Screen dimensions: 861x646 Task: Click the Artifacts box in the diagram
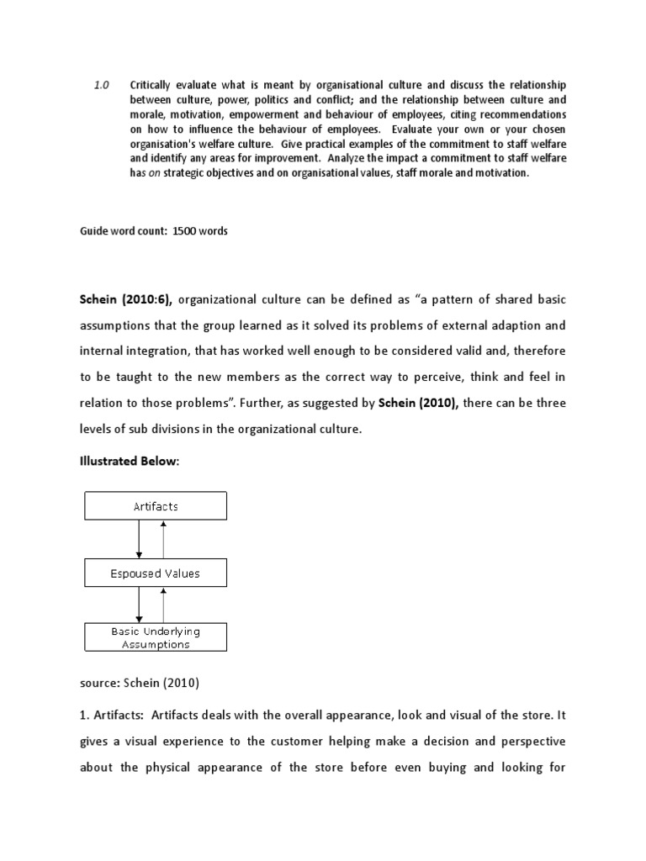click(x=156, y=506)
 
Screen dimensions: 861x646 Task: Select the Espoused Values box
click(x=156, y=573)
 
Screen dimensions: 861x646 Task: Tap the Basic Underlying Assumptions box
click(x=156, y=637)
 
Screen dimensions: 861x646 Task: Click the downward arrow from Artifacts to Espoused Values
click(x=140, y=539)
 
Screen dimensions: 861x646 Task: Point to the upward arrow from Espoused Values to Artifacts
click(x=165, y=539)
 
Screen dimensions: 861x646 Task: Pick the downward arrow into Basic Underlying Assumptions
click(x=140, y=605)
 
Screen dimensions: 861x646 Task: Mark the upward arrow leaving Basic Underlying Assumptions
click(x=165, y=605)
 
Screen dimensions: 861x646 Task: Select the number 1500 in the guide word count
click(x=184, y=231)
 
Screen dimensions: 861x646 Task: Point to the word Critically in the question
click(x=154, y=86)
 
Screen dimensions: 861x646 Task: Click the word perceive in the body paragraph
click(x=436, y=376)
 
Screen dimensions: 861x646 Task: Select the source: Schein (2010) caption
click(x=140, y=683)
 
